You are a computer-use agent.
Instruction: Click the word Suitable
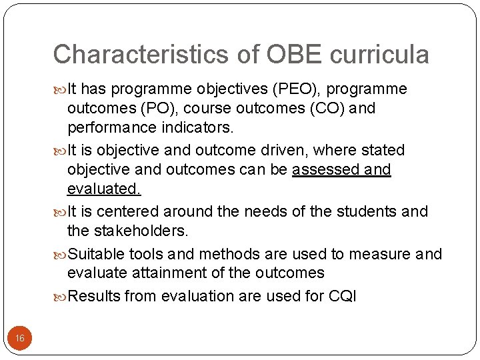(x=97, y=254)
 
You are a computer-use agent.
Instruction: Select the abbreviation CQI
(x=343, y=296)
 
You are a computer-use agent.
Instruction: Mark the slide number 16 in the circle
(x=20, y=339)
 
